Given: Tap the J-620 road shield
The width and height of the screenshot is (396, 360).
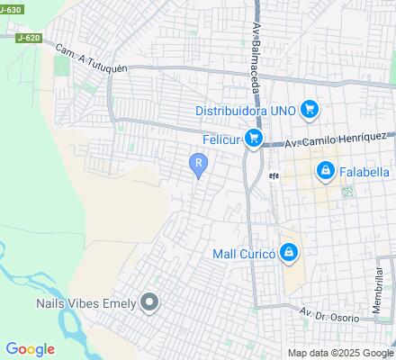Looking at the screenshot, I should (x=27, y=39).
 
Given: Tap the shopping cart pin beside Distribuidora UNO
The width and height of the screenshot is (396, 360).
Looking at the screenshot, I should (x=310, y=110).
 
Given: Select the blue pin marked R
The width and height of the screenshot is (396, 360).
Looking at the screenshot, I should (x=198, y=163).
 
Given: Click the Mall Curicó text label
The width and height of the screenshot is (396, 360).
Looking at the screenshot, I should (x=242, y=254).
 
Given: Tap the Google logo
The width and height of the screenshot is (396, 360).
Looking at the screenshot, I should (x=30, y=349).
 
